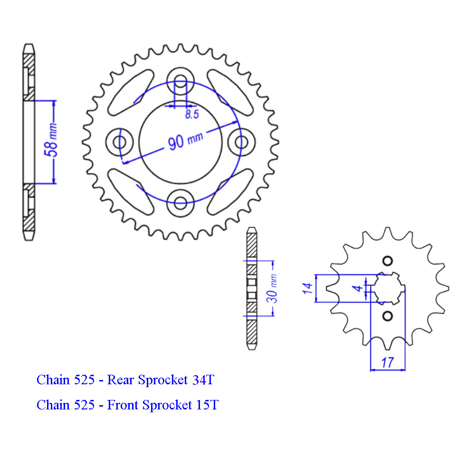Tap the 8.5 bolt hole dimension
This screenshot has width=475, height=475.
(192, 114)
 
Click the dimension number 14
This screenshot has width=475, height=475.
(307, 288)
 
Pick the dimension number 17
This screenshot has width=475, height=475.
(387, 362)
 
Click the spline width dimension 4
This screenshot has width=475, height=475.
(360, 288)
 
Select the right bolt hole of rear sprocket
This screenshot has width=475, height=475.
(241, 142)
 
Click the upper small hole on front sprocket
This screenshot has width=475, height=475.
(388, 260)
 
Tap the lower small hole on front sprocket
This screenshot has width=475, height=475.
(388, 316)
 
